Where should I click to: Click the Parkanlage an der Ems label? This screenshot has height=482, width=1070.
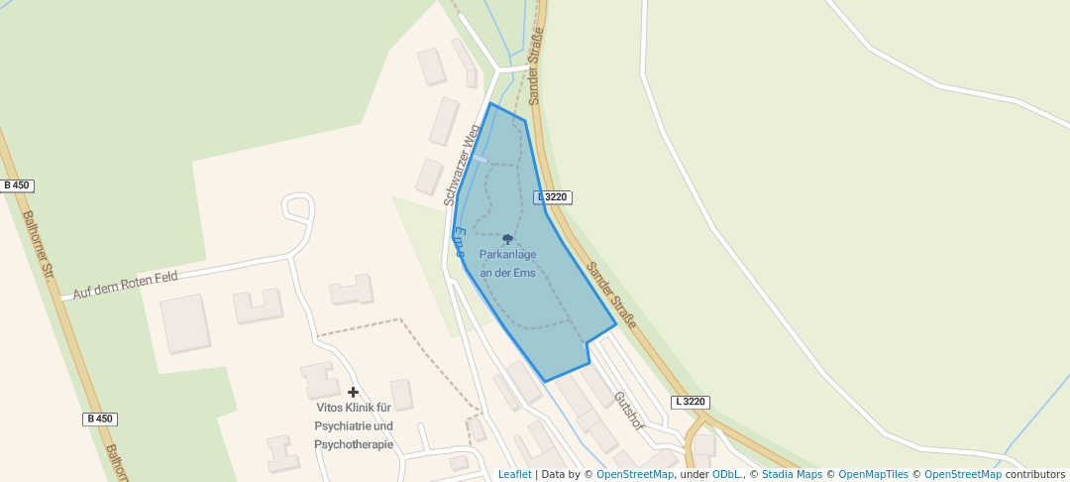507,264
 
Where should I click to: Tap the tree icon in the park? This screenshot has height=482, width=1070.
507,239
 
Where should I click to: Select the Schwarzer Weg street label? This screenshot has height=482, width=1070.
462,166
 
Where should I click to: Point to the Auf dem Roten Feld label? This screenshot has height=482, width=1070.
125,286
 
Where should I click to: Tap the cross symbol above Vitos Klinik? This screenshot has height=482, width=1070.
353,393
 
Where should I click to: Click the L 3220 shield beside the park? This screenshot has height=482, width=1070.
554,197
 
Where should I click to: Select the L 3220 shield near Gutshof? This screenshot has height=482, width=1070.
691,402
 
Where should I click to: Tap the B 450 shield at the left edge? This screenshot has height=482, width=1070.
17,185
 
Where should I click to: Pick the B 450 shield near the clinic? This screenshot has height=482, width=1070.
100,419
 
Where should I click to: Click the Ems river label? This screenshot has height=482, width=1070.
460,243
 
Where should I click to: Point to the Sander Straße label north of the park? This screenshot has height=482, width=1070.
536,67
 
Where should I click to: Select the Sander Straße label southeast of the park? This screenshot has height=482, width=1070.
610,296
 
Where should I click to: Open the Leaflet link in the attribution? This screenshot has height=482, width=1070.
514,474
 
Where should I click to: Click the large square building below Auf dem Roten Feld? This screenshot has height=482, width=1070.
185,322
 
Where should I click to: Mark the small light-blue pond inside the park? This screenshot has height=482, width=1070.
480,158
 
